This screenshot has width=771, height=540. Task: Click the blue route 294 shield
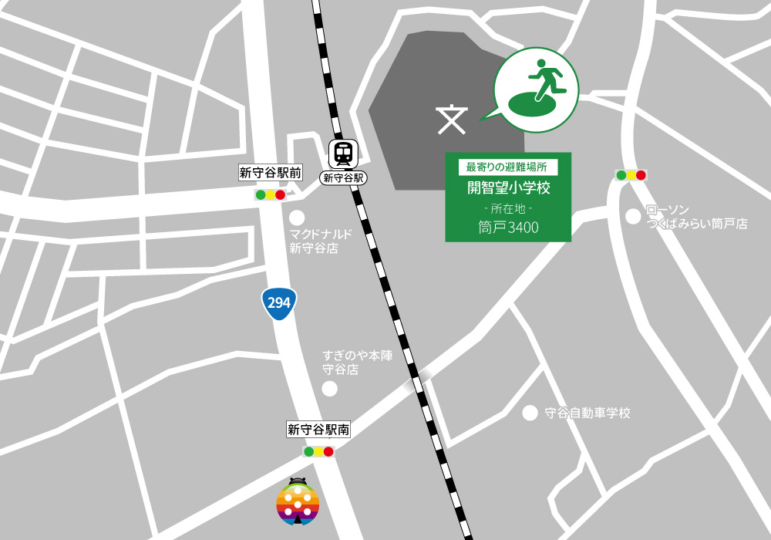(279, 302)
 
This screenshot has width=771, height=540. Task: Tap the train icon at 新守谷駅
(342, 154)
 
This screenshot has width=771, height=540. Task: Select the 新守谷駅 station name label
(342, 177)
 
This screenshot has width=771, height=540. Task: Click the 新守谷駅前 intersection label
(264, 173)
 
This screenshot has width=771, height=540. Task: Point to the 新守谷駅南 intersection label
(318, 430)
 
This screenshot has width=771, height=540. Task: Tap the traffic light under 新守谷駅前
(270, 195)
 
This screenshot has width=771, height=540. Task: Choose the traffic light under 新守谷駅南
(318, 451)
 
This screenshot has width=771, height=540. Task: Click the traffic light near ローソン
(631, 175)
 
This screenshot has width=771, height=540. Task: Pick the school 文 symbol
(452, 118)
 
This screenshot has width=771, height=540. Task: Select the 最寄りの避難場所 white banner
(507, 166)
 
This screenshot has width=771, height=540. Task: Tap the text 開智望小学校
(508, 187)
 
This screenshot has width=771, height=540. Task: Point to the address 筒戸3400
(508, 228)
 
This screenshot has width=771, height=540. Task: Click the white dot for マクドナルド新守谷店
(297, 218)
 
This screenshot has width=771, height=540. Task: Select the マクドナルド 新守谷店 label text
(320, 241)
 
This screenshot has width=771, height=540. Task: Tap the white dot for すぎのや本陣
(330, 389)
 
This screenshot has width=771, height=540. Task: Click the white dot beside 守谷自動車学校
(530, 413)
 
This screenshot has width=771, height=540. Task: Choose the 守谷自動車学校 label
(588, 413)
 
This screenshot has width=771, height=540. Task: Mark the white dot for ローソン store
(633, 217)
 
